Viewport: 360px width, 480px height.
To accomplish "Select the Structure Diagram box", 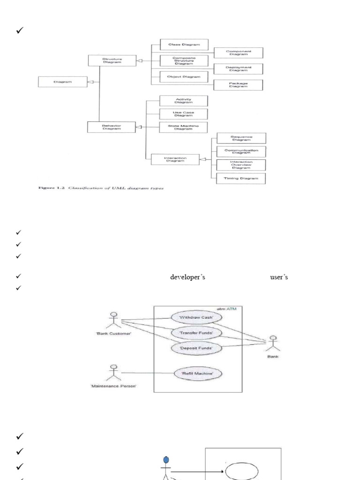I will (x=112, y=60).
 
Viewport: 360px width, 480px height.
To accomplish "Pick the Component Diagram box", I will (x=238, y=53).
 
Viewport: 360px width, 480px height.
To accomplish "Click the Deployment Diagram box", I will (x=238, y=69).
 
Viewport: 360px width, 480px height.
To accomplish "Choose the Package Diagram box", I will (x=238, y=85).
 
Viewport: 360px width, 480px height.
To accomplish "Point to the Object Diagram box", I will (x=184, y=77).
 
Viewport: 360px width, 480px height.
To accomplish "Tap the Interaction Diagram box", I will (x=175, y=159).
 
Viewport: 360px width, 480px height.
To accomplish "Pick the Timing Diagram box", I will (x=241, y=179).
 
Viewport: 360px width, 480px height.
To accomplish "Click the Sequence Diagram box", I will (x=241, y=138).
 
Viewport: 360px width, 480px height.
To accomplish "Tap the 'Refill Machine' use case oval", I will (x=198, y=374).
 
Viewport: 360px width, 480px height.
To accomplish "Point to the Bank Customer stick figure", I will (x=112, y=320).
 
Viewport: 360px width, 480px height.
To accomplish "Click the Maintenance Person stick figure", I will (x=112, y=373).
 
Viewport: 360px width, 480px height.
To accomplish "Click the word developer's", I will (x=187, y=277).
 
